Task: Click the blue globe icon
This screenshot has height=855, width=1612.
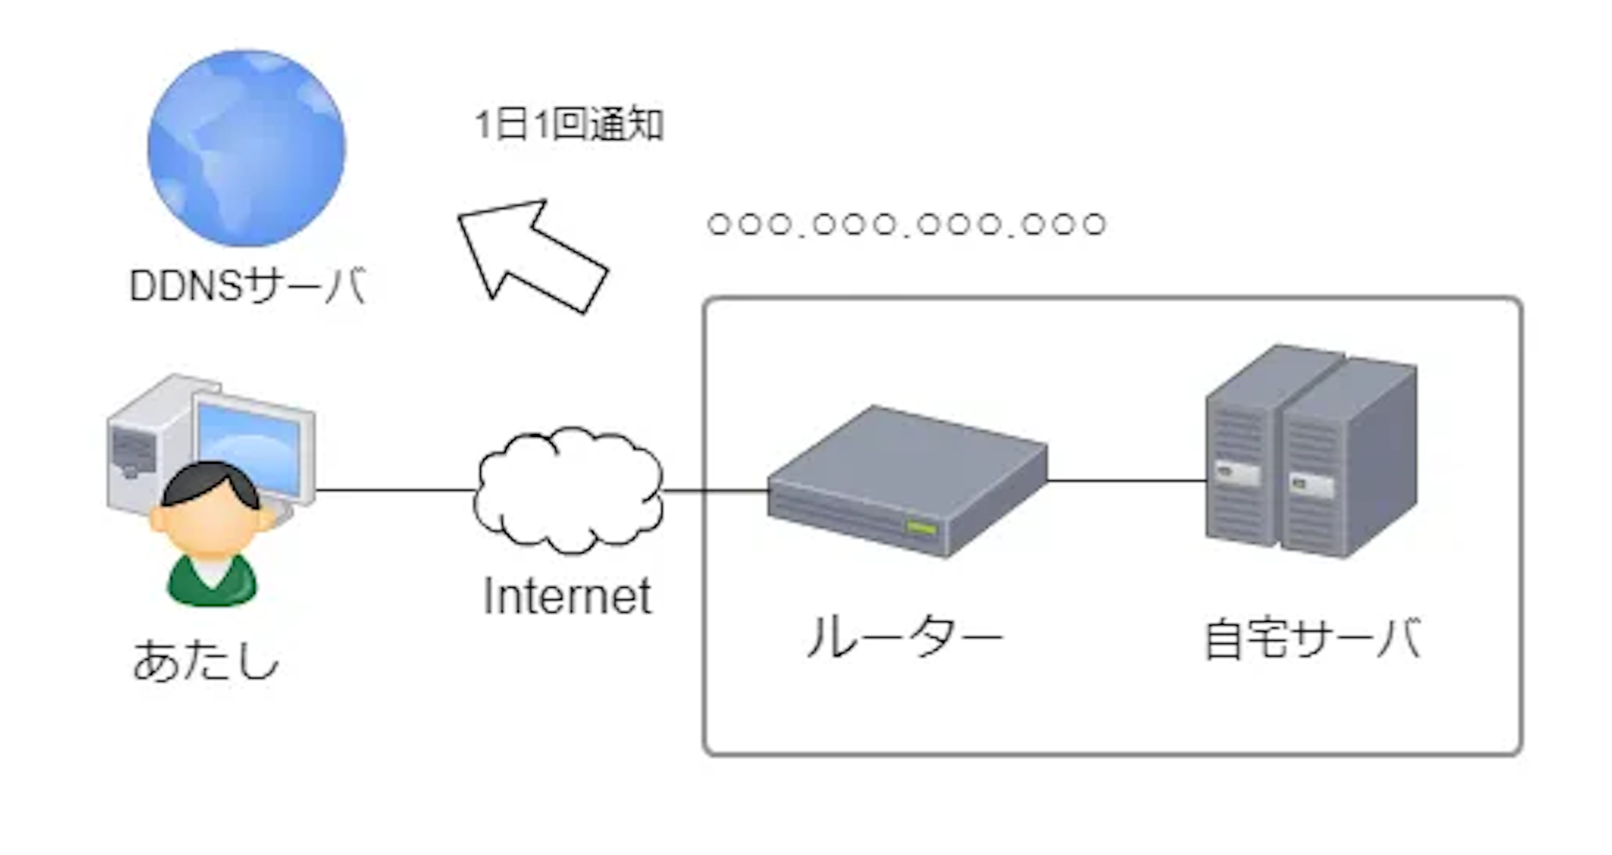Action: (x=246, y=148)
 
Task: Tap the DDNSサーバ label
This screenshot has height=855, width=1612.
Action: (x=247, y=286)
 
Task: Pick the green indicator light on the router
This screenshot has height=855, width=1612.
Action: (x=922, y=528)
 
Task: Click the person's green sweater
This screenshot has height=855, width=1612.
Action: (x=212, y=582)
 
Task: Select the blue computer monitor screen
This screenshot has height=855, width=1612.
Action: (x=250, y=438)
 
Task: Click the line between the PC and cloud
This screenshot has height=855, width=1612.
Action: (x=394, y=490)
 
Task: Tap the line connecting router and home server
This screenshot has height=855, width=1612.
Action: (x=1126, y=481)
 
